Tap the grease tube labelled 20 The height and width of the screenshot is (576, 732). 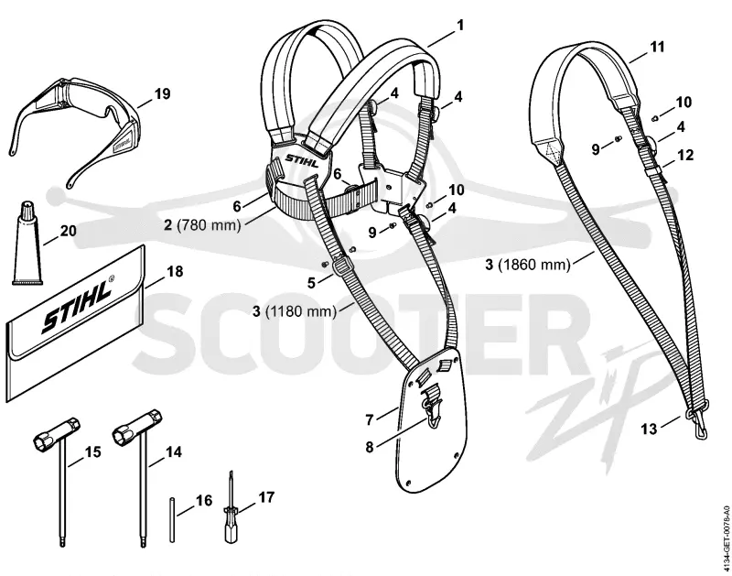[x=27, y=244]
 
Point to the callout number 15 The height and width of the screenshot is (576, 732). [x=93, y=452]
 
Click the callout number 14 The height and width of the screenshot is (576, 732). [x=174, y=452]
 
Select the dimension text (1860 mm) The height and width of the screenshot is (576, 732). [x=534, y=265]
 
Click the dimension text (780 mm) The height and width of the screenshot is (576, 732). [x=209, y=225]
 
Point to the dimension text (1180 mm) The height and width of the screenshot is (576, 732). [x=301, y=311]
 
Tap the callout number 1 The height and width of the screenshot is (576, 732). [x=460, y=25]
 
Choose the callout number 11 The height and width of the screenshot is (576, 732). [x=657, y=48]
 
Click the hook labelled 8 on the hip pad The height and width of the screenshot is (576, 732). [x=432, y=409]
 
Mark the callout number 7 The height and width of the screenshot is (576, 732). [x=370, y=420]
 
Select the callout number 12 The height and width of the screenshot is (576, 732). [x=685, y=155]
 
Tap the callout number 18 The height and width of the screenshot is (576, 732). [x=175, y=271]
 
